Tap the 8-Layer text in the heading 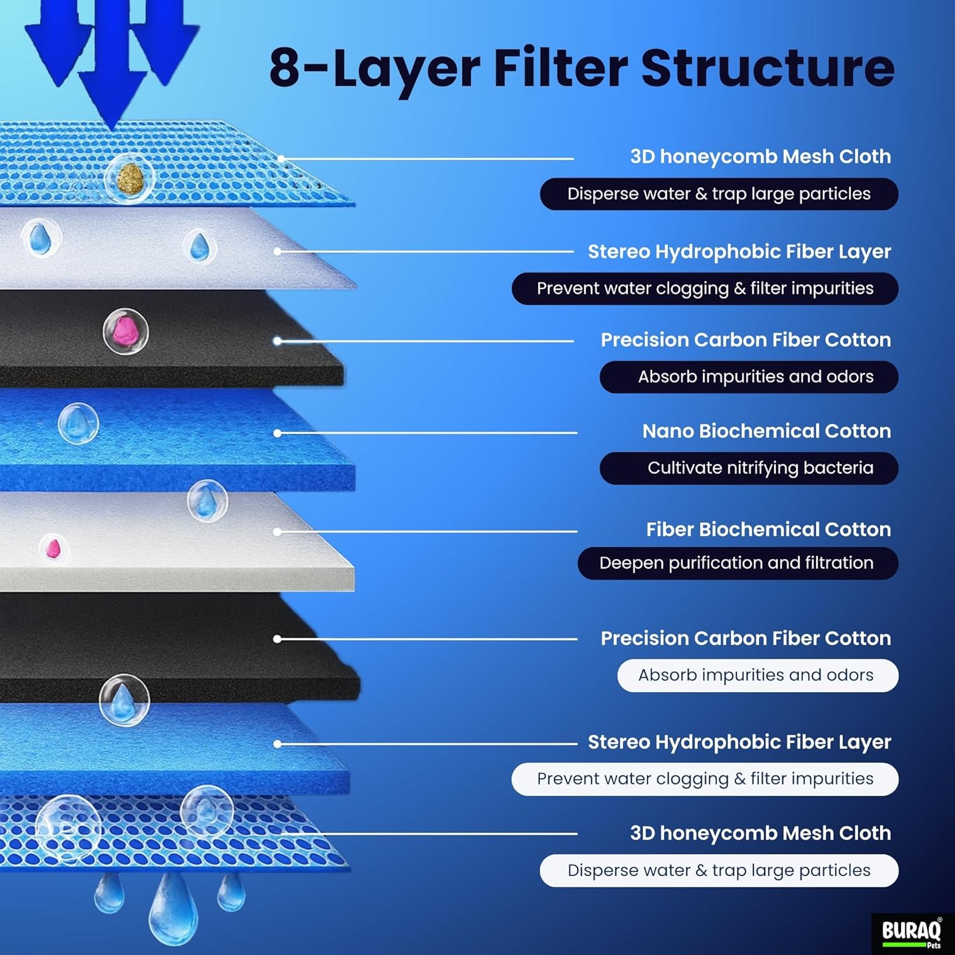tap(374, 69)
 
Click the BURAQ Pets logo tap(912, 933)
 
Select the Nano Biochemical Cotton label tap(766, 431)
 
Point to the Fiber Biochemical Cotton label tap(768, 529)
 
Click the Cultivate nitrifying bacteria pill tap(749, 468)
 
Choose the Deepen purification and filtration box tap(737, 563)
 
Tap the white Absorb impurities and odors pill tap(757, 676)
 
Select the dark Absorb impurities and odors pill tap(749, 377)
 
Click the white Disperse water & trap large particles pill tap(719, 870)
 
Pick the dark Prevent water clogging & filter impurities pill tap(705, 288)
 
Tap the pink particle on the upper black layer tap(125, 331)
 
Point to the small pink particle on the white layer tap(53, 548)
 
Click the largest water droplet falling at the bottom tap(172, 909)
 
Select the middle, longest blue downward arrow tap(112, 64)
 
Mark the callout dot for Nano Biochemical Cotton tap(277, 433)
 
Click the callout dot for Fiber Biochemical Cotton tap(277, 532)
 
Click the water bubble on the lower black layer tap(124, 700)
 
